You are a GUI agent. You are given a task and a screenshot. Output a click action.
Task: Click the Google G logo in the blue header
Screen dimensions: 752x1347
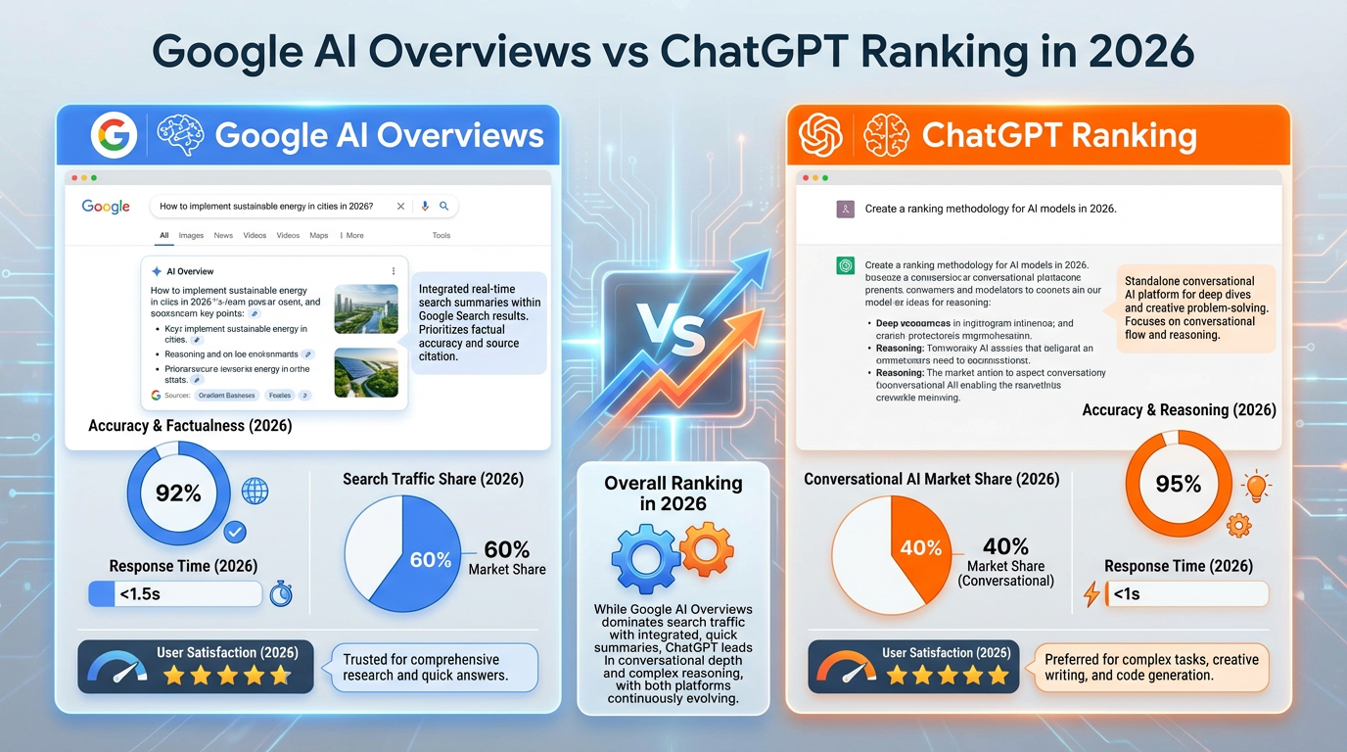tap(114, 135)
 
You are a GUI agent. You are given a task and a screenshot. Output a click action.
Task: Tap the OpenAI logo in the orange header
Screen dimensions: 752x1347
tap(820, 135)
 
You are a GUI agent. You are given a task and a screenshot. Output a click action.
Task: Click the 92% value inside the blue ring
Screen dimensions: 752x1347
tap(178, 493)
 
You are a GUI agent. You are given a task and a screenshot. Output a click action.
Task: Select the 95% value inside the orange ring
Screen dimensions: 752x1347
tap(1178, 484)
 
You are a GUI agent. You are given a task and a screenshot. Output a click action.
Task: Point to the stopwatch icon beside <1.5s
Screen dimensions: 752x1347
tap(281, 593)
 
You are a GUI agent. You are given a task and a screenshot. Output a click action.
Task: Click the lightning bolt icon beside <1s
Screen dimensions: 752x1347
tap(1092, 593)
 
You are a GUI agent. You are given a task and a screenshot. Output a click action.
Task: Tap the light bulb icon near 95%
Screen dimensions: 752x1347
tap(1254, 486)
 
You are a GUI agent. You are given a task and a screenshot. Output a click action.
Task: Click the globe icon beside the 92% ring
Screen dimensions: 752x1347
tap(255, 491)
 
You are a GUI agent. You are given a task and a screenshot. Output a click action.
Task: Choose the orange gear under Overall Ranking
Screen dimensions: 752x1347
tap(706, 548)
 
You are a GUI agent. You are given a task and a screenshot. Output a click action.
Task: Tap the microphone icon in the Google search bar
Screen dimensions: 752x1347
tap(425, 207)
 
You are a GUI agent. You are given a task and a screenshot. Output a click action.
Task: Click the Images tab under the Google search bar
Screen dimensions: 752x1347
tap(191, 236)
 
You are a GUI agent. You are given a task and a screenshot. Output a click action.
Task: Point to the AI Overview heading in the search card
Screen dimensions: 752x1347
tap(190, 271)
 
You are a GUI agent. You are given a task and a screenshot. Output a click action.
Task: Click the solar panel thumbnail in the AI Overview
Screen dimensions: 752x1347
tap(366, 372)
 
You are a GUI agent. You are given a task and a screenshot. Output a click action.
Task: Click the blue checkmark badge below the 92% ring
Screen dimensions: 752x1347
tap(235, 532)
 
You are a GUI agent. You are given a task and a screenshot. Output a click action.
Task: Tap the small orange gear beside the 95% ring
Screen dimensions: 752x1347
tap(1238, 525)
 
